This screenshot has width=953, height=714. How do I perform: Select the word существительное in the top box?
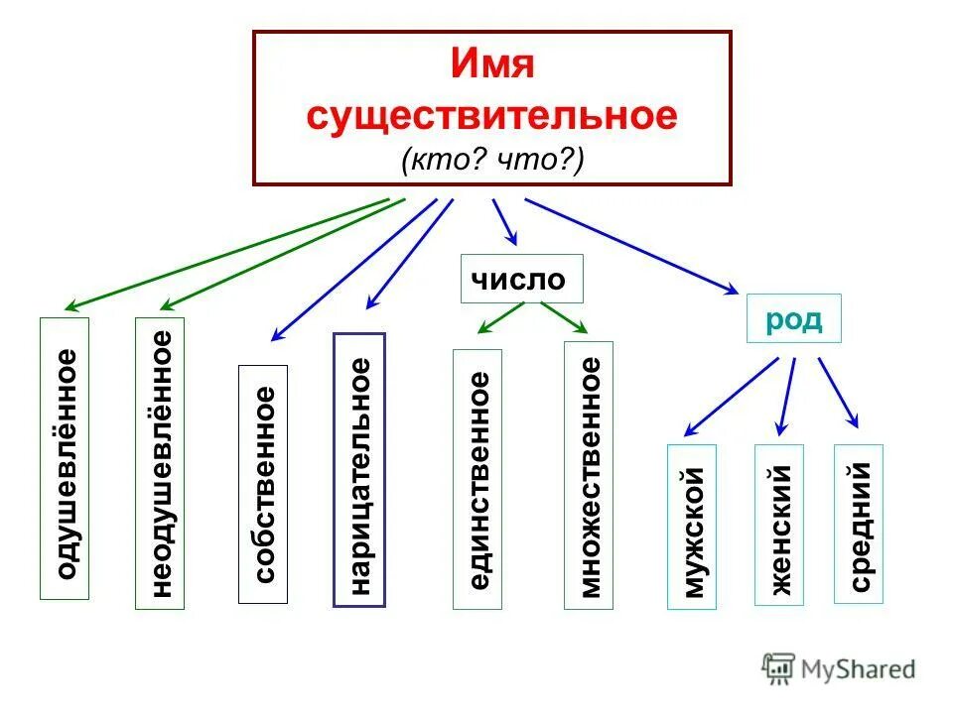click(492, 115)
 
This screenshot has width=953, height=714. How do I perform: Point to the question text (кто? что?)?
click(492, 160)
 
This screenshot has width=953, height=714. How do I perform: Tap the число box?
click(521, 279)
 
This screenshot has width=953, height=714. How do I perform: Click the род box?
click(793, 318)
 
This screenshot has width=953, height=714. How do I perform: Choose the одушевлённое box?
click(65, 458)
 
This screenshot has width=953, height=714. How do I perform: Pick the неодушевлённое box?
click(160, 463)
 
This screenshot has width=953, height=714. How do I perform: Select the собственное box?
click(263, 484)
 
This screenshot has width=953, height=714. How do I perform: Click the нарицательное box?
click(359, 469)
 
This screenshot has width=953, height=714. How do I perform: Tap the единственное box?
click(477, 478)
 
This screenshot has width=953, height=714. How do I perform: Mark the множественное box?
click(589, 474)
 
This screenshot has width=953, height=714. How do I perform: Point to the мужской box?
click(692, 527)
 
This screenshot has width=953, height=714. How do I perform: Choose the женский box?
click(779, 524)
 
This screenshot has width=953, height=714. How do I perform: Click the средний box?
click(859, 522)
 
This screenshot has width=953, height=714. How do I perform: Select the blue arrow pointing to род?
click(630, 245)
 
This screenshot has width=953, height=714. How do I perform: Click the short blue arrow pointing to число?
click(504, 221)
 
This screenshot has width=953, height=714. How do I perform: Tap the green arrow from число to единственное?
click(500, 317)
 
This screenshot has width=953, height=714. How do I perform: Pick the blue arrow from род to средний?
click(838, 392)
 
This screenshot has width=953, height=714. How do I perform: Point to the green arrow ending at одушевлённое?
click(228, 253)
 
